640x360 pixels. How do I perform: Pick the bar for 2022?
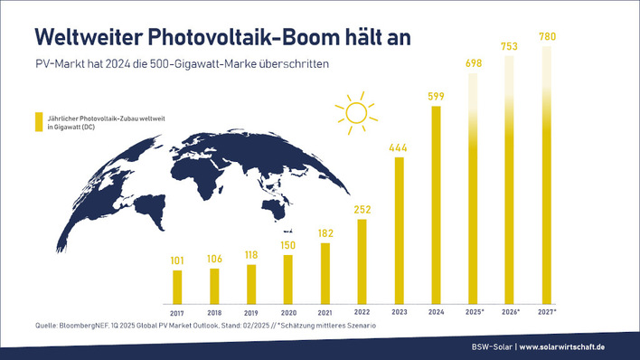[x=362, y=261]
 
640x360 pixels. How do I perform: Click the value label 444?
[x=400, y=147]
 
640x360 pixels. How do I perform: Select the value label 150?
[x=288, y=245]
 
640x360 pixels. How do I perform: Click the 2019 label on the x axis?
[x=251, y=311]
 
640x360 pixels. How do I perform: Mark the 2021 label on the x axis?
[x=325, y=311]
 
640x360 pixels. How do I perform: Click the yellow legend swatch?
[x=38, y=123]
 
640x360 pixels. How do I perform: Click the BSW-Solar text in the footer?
[x=491, y=348]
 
